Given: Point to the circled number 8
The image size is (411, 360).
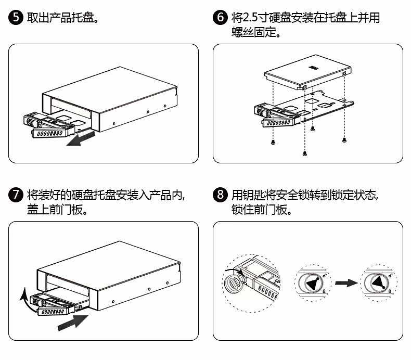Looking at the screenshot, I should tap(221, 195).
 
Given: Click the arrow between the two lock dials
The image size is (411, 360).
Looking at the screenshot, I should tap(345, 283).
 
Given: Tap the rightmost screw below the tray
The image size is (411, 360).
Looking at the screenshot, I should tap(344, 139).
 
